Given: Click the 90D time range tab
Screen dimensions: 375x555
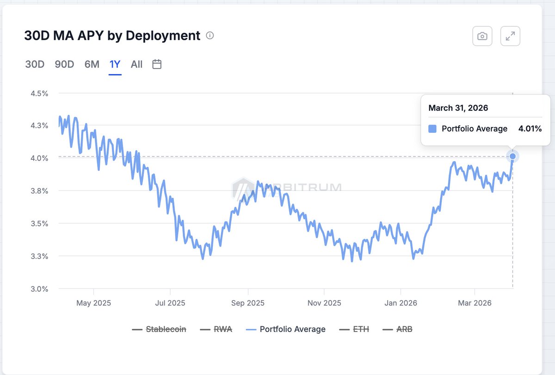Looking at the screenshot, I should point(64,64).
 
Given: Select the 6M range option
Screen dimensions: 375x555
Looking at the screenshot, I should point(92,64).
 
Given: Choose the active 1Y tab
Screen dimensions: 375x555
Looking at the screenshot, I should point(115,64).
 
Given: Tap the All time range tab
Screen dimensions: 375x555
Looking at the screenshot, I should point(136,64).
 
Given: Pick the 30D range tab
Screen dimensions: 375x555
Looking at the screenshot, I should point(35,64).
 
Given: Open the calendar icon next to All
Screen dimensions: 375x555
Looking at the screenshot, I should point(157,64).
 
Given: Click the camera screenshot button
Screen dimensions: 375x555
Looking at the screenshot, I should point(482,36).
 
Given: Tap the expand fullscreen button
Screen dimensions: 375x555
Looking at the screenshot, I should point(511,36).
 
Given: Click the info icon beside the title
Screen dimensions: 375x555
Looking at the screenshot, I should point(210,36).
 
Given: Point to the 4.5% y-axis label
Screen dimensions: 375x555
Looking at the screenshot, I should point(39,93).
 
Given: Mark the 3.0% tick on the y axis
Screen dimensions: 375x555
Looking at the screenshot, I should point(39,289).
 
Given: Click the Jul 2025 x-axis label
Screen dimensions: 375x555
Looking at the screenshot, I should point(170,303).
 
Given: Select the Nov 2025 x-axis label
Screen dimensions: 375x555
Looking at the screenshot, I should point(324,303).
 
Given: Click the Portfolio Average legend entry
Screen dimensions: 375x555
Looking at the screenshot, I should point(286,329).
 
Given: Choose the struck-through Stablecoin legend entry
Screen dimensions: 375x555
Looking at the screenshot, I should point(159,329).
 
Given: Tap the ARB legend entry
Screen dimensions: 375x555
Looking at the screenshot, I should point(398,329).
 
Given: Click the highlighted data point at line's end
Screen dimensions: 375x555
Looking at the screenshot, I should point(512,156).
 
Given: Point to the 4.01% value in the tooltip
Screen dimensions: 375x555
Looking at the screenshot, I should point(530,129).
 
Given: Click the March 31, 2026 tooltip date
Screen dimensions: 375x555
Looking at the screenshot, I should point(458,108).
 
